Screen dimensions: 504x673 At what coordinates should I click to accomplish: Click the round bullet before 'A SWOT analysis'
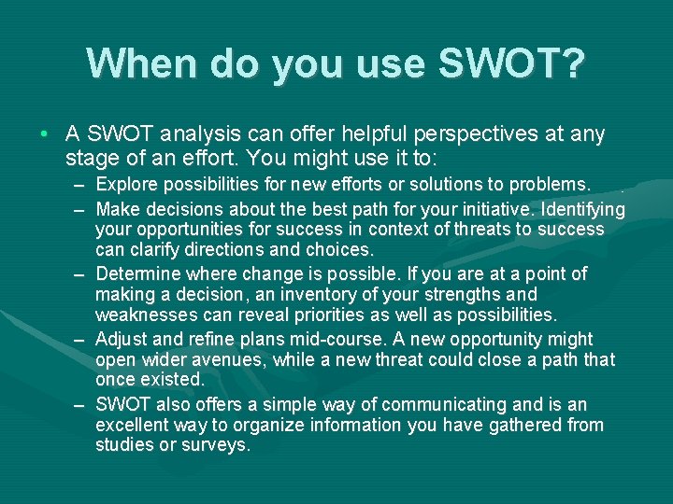tap(45, 135)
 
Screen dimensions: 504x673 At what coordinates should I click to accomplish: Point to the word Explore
tap(127, 185)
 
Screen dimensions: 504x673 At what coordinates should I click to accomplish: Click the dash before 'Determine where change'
tap(81, 274)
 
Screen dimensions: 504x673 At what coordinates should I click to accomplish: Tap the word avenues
tap(228, 359)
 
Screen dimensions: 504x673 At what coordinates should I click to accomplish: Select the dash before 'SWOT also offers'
tap(81, 405)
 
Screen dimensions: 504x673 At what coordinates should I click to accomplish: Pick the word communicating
tap(444, 404)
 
